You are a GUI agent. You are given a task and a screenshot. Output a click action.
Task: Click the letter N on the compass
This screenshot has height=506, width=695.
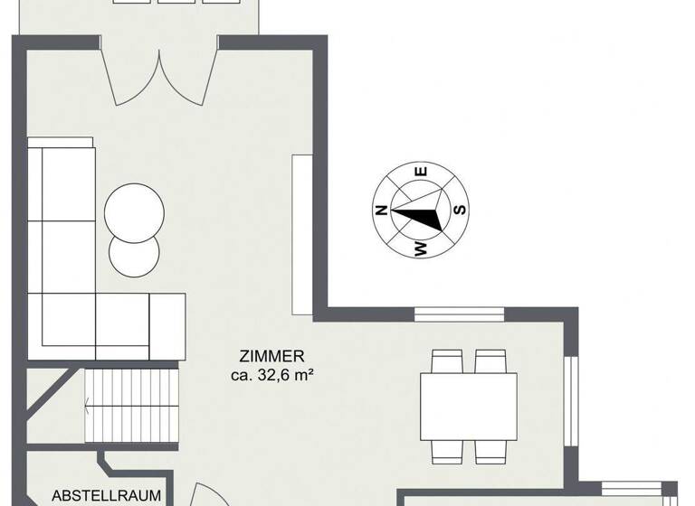[382, 211]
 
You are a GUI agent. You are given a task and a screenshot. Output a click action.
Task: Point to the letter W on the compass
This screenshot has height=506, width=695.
[421, 248]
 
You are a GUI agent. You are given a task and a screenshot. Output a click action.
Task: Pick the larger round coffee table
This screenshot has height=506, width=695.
[134, 211]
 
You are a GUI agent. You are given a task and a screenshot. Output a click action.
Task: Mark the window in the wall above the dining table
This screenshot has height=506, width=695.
[459, 314]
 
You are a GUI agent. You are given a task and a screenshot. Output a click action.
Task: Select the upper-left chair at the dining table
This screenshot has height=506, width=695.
[445, 361]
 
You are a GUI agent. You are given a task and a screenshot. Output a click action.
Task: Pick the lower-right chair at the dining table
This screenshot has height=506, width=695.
[490, 450]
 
